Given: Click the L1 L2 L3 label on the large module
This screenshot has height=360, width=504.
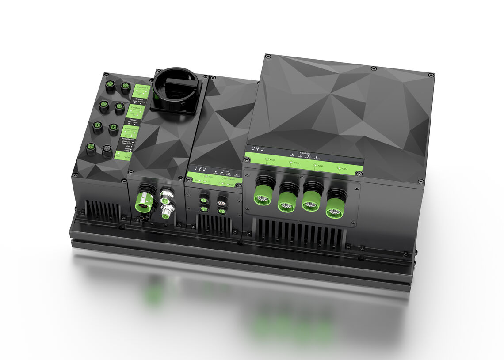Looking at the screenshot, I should [x=258, y=148].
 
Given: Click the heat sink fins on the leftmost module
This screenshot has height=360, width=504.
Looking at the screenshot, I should [x=103, y=211].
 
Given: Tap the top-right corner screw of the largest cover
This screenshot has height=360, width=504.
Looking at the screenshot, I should [x=430, y=76].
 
